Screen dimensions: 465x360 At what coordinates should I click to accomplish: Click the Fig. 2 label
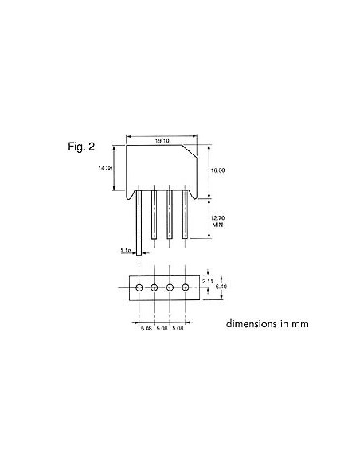click(81, 147)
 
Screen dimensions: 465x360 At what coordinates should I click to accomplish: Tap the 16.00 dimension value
click(217, 170)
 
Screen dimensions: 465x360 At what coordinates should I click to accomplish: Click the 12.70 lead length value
click(217, 217)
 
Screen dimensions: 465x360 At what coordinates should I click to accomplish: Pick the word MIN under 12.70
click(216, 225)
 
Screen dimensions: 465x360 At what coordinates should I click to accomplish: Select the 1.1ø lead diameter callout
click(126, 250)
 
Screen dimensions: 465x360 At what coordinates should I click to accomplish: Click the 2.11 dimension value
click(208, 281)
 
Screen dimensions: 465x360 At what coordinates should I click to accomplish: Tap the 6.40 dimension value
click(224, 287)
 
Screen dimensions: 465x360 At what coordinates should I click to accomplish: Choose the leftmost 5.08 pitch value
click(147, 328)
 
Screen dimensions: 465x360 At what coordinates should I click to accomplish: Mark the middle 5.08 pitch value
click(162, 328)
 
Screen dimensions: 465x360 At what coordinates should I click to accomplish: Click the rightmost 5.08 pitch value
click(178, 328)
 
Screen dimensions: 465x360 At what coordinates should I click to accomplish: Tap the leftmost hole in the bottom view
click(139, 287)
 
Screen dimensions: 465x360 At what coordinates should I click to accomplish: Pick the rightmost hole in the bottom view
click(186, 287)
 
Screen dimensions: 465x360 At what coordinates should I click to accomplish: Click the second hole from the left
click(155, 287)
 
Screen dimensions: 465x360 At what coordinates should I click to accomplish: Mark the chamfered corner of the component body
click(191, 150)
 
